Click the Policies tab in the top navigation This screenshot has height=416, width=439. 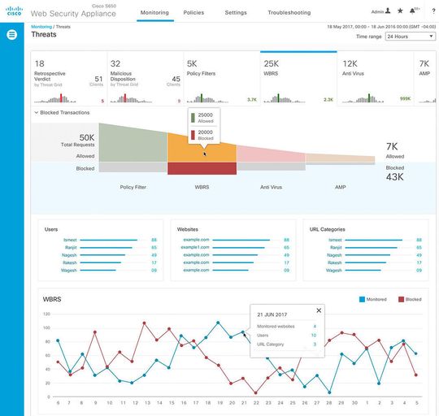coord(193,13)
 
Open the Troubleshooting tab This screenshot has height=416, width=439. coord(289,13)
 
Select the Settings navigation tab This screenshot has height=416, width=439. coord(236,13)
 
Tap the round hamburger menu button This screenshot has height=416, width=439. coord(11,35)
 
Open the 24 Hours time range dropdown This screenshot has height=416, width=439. coord(410,37)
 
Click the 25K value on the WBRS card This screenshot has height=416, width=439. coord(272,63)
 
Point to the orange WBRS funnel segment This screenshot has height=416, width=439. coord(202,146)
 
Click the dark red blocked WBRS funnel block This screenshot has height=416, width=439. coord(202,168)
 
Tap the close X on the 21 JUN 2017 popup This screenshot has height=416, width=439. coord(319,310)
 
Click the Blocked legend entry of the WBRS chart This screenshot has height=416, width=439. coord(408,299)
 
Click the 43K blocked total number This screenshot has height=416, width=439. coord(394,176)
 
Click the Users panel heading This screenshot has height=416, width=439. coord(51,229)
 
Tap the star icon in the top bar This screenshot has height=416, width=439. coord(399,12)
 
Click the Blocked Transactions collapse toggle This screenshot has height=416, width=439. coord(35,113)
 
